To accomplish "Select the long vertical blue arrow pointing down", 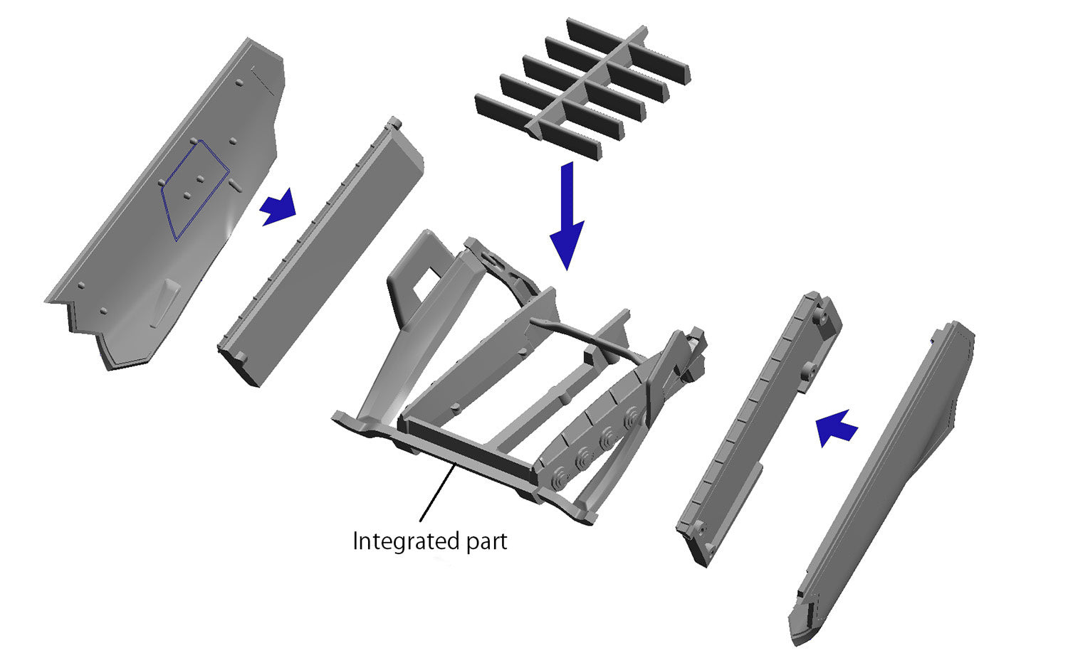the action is (567, 216).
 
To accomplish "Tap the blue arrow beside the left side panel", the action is (278, 207).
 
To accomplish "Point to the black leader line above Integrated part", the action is (436, 494).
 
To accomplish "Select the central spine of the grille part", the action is (587, 82).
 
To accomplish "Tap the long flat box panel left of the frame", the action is (320, 253).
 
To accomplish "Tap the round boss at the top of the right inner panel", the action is (821, 317).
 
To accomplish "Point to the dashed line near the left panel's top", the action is (263, 80).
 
